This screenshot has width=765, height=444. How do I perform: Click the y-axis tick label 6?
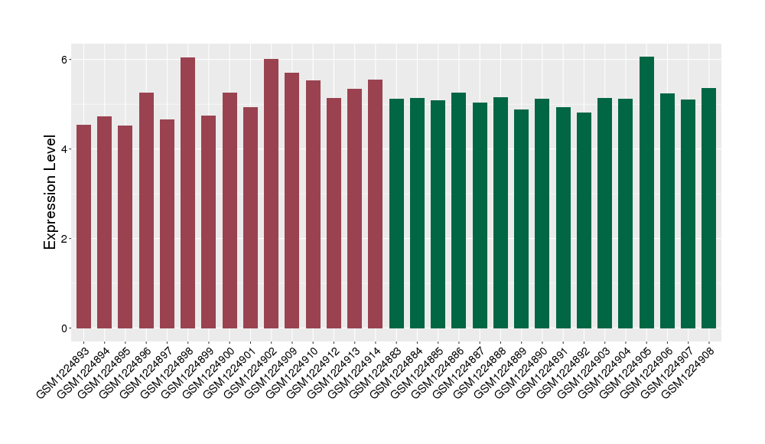(x=65, y=60)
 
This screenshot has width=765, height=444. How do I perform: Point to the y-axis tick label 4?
(x=65, y=149)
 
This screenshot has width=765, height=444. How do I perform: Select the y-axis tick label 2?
(x=65, y=239)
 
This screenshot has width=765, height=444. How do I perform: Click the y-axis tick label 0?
(x=65, y=328)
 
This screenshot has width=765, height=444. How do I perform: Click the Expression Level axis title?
(x=50, y=192)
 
